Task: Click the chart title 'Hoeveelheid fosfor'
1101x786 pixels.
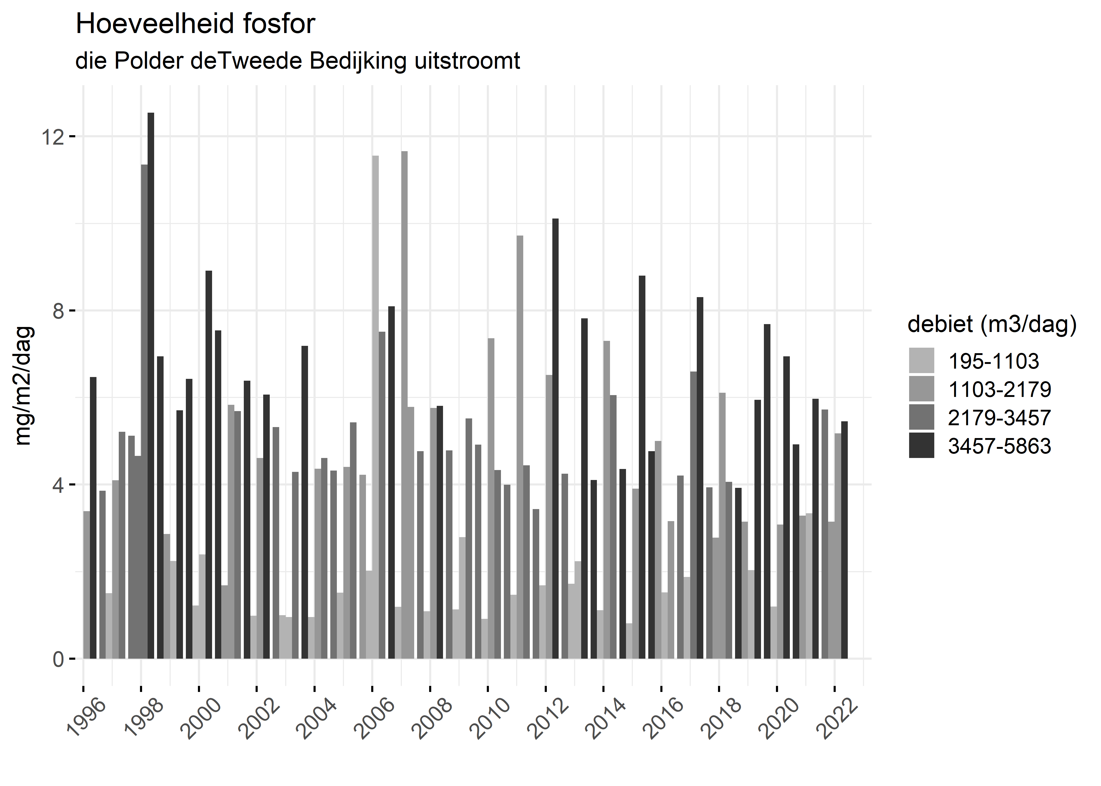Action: click(195, 24)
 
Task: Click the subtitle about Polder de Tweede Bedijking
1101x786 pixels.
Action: click(297, 61)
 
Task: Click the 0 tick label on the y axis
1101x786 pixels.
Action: click(58, 659)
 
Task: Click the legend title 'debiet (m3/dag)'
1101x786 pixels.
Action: click(992, 324)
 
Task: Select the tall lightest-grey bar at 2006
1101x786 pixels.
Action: click(375, 407)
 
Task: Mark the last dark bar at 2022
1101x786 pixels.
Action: click(844, 540)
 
